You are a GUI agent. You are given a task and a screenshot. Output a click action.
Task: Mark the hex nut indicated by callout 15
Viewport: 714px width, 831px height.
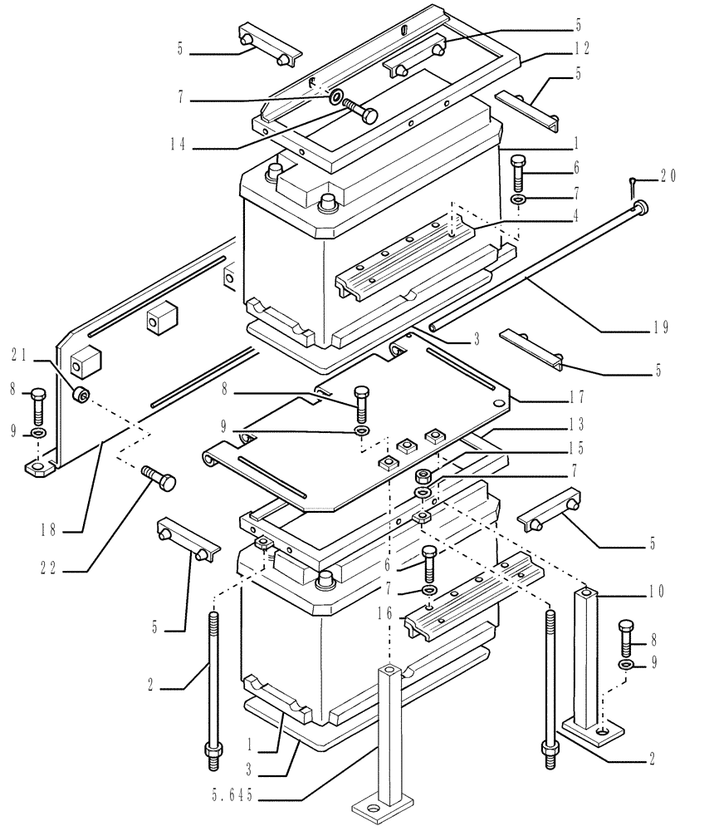click(x=423, y=475)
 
